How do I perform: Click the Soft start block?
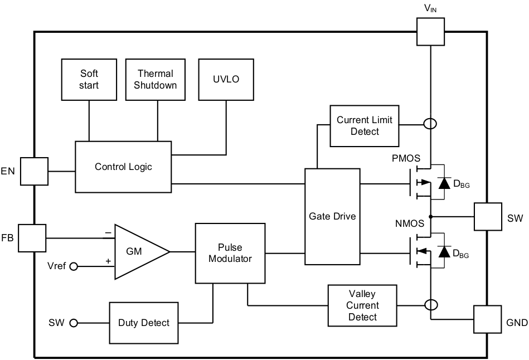pos(89,79)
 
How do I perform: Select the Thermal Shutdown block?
pos(156,79)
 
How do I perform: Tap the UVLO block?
pos(226,79)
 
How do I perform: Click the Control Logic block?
pos(123,167)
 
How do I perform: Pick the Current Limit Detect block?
pos(365,125)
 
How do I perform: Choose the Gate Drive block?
pos(332,216)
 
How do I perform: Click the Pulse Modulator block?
pos(230,253)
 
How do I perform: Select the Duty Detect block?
pos(144,323)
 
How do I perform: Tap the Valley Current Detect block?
pos(362,305)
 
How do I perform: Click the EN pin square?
pos(35,171)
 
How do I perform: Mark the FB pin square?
pos(32,238)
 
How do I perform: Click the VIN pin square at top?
pos(431,31)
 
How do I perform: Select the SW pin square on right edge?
pos(487,217)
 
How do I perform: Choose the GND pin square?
pos(487,319)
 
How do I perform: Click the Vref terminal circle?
pos(73,266)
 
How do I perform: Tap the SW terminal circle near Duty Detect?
pos(73,323)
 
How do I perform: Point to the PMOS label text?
pos(406,158)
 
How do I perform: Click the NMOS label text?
pos(409,223)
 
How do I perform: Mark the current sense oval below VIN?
pos(431,124)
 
